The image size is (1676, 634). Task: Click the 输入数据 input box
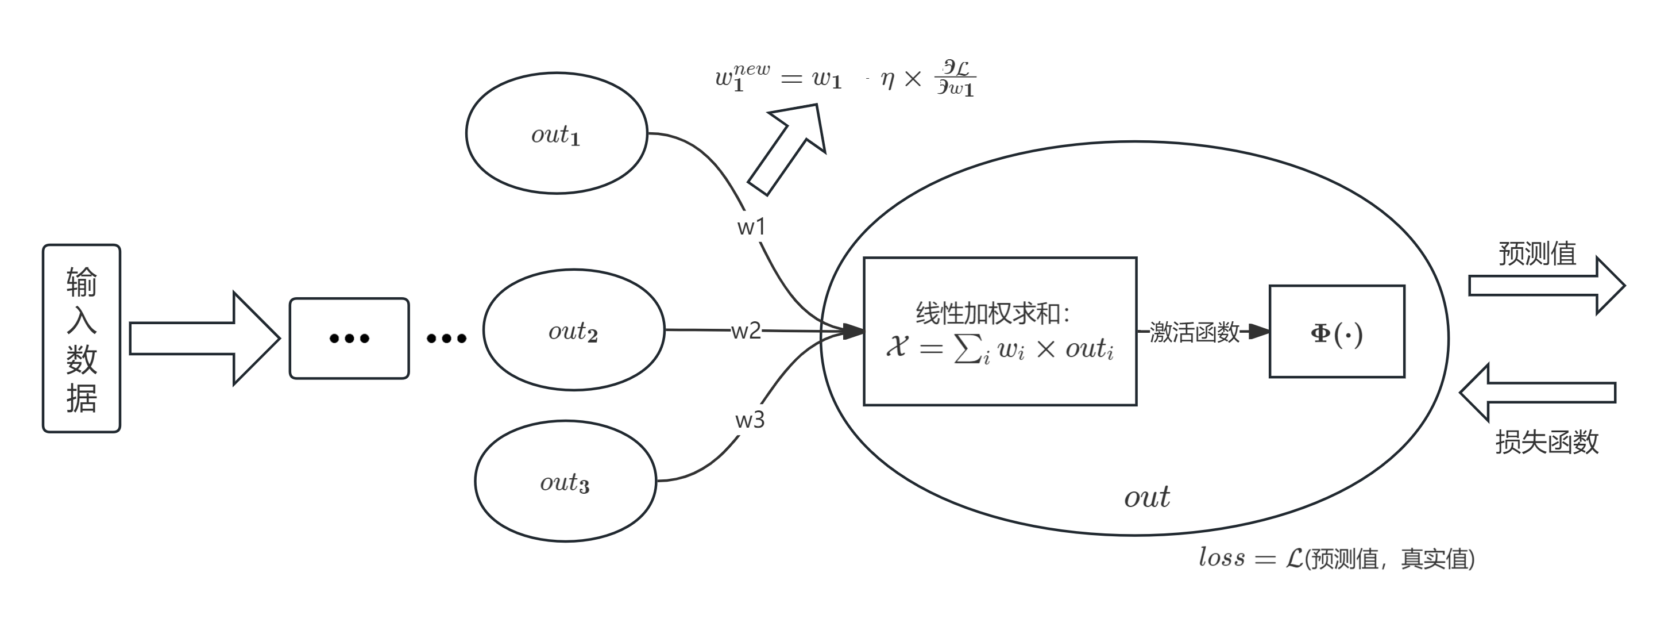point(82,339)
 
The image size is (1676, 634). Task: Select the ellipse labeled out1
point(557,133)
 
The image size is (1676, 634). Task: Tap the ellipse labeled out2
point(573,330)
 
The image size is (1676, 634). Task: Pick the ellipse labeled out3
point(565,481)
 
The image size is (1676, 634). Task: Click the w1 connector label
point(751,227)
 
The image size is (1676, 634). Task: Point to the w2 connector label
point(746,331)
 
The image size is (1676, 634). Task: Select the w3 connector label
point(750,420)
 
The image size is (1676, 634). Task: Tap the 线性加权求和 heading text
point(992,313)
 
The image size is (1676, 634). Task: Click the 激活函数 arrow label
point(1194,332)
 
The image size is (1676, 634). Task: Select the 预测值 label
point(1537,253)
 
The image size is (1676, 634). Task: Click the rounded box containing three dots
point(349,339)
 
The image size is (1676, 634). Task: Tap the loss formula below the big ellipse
point(1337,559)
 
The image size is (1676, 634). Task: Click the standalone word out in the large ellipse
point(1146,497)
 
